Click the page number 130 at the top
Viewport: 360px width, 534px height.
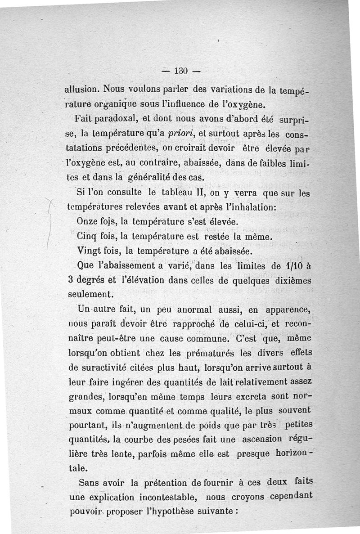180,71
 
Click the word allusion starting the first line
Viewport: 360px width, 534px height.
80,90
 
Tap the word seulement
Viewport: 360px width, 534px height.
89,294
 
